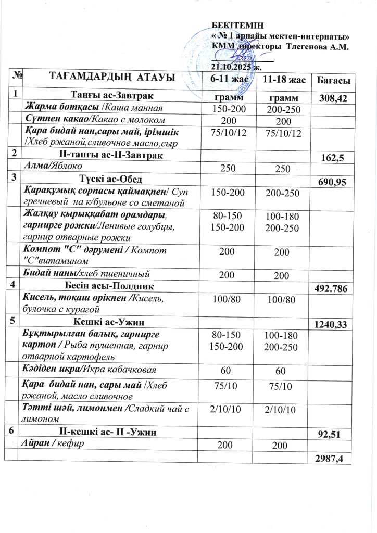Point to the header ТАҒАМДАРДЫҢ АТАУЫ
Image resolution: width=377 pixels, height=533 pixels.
(111, 78)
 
